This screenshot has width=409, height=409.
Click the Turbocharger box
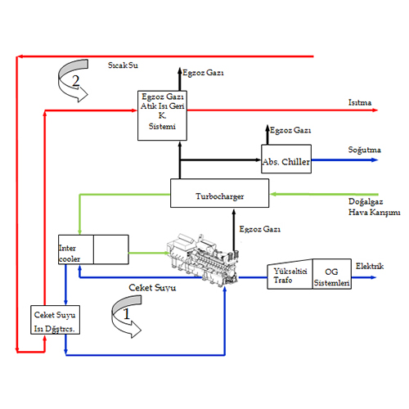[x=220, y=195]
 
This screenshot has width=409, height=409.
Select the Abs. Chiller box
[x=286, y=160]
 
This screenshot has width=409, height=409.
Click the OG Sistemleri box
[x=332, y=276]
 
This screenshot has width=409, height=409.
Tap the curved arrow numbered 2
[x=74, y=80]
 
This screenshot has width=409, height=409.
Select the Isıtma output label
[x=359, y=102]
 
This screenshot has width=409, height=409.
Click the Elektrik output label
[x=369, y=266]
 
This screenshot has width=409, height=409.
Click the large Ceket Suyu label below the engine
[x=155, y=288]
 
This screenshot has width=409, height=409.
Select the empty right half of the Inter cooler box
[x=111, y=249]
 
